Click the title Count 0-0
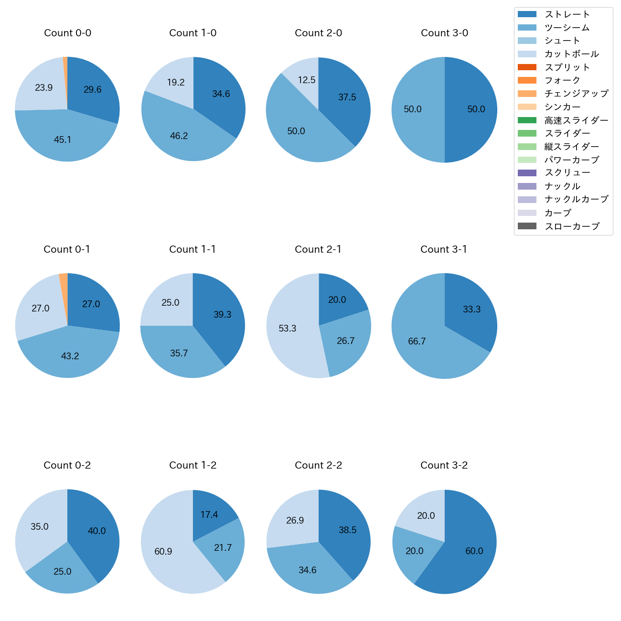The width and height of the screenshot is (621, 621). click(67, 33)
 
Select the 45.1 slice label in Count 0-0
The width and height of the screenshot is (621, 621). click(63, 140)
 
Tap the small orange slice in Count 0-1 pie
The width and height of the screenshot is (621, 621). click(64, 282)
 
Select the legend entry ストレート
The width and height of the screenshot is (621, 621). click(567, 14)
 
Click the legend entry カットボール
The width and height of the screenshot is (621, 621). click(571, 54)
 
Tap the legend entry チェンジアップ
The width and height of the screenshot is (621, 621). click(576, 94)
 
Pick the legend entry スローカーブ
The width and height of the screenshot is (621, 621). click(572, 226)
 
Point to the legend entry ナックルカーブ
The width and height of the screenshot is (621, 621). click(576, 200)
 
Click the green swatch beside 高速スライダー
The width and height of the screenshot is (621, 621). click(527, 120)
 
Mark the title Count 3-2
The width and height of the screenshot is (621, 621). click(444, 465)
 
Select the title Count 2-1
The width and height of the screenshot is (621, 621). click(318, 249)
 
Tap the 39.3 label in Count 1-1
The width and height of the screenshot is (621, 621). click(223, 314)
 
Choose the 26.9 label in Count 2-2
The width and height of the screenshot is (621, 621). click(295, 520)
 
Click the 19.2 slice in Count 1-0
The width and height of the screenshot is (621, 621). click(175, 82)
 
